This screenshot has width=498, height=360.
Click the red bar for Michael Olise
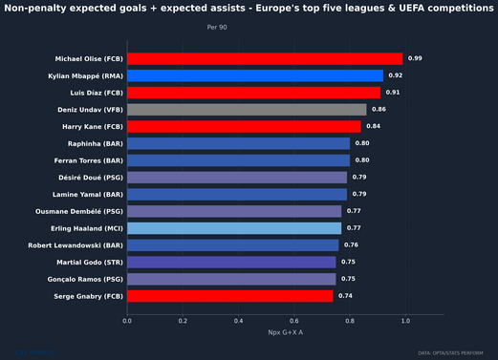(x=265, y=58)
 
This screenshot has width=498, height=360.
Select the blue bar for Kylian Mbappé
(x=255, y=75)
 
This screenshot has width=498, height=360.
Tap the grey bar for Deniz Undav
(x=247, y=110)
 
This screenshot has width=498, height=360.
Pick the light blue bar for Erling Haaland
(x=234, y=228)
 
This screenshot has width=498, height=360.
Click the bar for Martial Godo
(x=231, y=262)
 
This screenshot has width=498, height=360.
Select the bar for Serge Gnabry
(x=230, y=296)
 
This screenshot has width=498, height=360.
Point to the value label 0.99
(x=415, y=58)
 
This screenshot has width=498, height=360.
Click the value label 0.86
(x=379, y=110)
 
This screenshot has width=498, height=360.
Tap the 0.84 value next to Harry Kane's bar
(x=373, y=127)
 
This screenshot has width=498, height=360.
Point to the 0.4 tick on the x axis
(x=239, y=321)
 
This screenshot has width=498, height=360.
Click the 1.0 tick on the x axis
(x=407, y=321)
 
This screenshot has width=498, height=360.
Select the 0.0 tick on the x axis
(x=127, y=321)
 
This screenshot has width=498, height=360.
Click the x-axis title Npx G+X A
(x=285, y=332)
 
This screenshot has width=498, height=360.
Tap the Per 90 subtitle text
(x=217, y=28)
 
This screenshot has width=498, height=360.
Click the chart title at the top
(x=246, y=9)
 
